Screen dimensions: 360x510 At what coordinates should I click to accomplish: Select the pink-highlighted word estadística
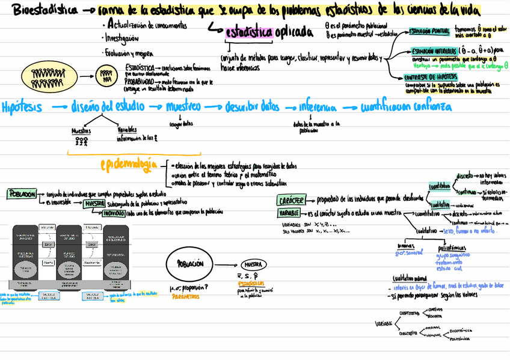249,32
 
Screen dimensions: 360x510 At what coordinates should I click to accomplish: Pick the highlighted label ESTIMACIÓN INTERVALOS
433,52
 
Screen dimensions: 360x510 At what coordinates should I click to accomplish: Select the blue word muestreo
183,107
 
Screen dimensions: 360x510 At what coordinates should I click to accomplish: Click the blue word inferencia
318,108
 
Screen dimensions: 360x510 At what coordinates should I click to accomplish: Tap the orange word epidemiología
129,164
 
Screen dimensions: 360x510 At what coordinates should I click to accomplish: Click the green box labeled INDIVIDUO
113,212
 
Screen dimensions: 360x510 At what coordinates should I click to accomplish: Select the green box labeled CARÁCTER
292,200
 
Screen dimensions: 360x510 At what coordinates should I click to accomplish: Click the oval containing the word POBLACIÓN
190,264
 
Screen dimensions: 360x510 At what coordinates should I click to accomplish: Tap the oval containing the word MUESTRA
251,265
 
